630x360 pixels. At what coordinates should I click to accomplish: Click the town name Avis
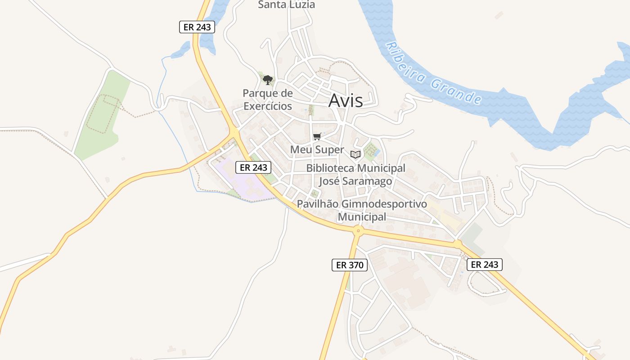click(345, 100)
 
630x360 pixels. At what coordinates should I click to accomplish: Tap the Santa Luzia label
click(286, 5)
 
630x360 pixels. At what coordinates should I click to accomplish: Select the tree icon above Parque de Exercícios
click(268, 80)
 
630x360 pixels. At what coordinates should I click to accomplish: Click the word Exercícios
click(268, 107)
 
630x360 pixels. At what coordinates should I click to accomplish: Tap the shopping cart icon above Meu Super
click(317, 136)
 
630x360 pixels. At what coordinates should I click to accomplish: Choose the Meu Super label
click(317, 150)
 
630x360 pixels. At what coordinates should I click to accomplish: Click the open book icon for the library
click(355, 154)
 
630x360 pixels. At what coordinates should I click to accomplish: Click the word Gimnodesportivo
click(384, 204)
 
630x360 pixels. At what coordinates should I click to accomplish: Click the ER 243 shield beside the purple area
click(253, 167)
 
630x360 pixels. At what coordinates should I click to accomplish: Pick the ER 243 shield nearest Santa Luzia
click(197, 27)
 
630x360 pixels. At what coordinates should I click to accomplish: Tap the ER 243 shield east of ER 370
click(484, 265)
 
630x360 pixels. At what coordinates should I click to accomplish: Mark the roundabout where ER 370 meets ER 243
click(358, 231)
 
